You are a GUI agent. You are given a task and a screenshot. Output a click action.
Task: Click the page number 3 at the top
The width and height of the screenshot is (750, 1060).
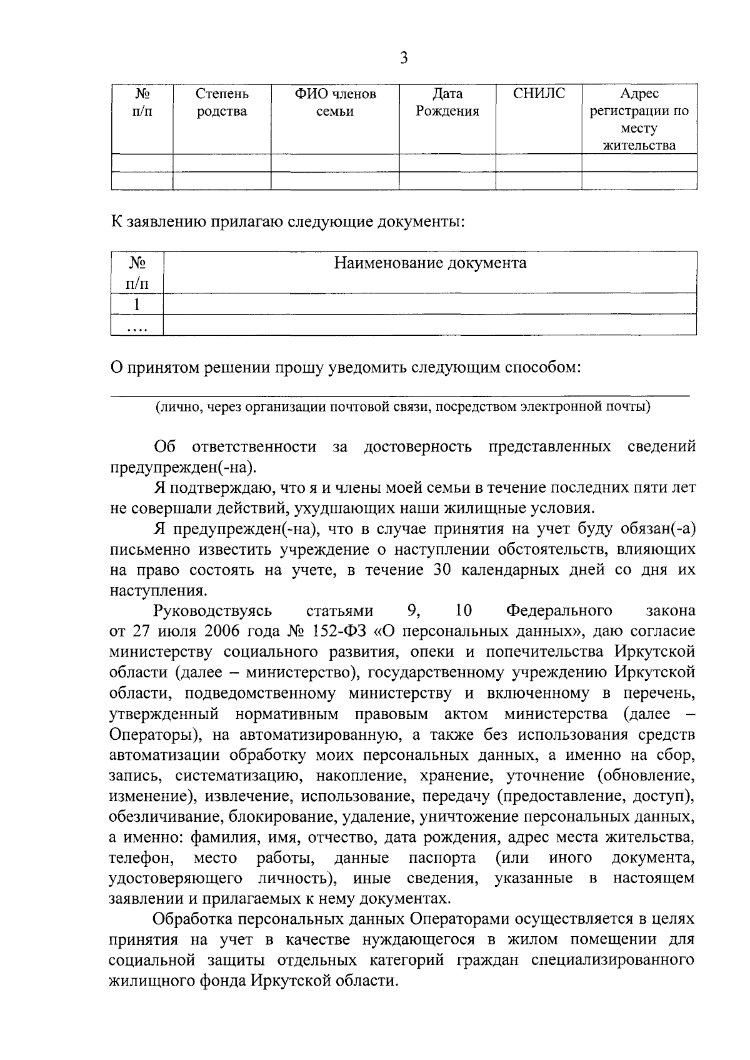pyautogui.click(x=403, y=59)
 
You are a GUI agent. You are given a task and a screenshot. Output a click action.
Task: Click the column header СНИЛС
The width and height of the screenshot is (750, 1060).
pyautogui.click(x=538, y=94)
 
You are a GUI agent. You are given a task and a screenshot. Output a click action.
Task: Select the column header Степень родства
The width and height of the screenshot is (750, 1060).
pyautogui.click(x=221, y=103)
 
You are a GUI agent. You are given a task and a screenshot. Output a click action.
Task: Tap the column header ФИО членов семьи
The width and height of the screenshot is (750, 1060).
pyautogui.click(x=335, y=103)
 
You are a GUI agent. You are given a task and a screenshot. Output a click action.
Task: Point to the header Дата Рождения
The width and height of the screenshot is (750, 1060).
pyautogui.click(x=447, y=103)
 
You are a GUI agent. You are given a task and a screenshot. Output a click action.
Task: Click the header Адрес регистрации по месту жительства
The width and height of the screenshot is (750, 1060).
pyautogui.click(x=639, y=120)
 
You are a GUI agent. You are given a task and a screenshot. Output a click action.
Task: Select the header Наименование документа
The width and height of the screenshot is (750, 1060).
pyautogui.click(x=429, y=263)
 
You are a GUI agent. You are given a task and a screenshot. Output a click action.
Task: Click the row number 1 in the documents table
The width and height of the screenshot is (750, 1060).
pyautogui.click(x=137, y=305)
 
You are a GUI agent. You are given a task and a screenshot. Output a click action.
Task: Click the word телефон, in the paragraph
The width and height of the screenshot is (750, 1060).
pyautogui.click(x=141, y=857)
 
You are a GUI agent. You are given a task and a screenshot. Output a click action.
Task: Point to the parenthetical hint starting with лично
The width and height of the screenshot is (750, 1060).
pyautogui.click(x=403, y=408)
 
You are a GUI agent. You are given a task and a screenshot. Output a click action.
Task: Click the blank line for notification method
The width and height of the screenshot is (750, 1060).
pyautogui.click(x=400, y=392)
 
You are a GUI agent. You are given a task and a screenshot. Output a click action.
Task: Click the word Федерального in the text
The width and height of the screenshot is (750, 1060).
pyautogui.click(x=559, y=611)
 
